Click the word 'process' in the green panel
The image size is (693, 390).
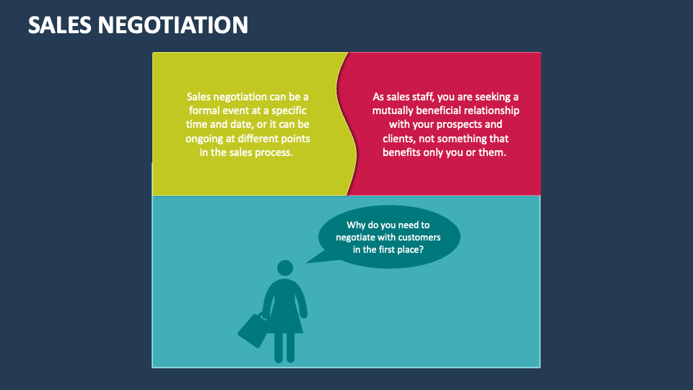click(271, 152)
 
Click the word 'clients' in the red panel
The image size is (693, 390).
click(399, 139)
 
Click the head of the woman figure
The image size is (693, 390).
click(285, 268)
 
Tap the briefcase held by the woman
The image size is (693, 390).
click(252, 329)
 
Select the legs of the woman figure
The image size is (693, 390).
click(284, 347)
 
